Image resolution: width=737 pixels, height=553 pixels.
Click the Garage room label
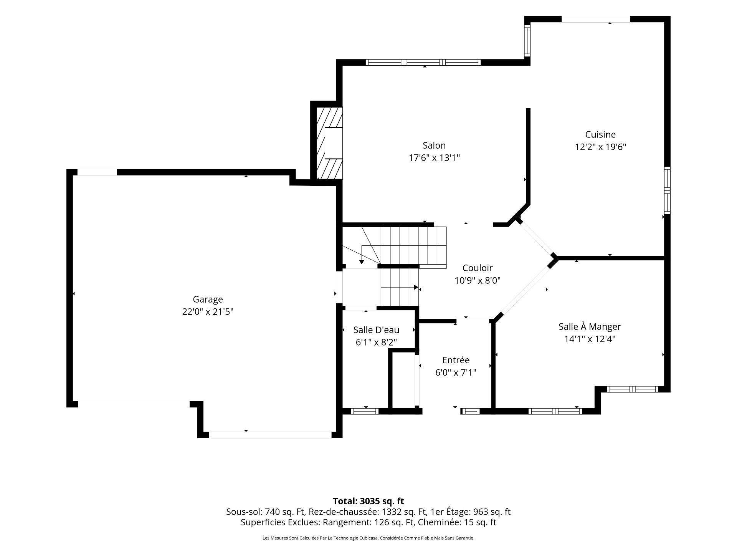(208, 300)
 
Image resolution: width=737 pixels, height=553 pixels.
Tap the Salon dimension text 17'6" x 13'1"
(434, 158)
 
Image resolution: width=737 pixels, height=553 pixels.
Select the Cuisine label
(600, 134)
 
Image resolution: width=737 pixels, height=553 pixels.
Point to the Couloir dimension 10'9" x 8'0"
(478, 281)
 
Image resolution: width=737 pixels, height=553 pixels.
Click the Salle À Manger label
(590, 326)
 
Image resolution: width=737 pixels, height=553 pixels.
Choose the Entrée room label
(456, 360)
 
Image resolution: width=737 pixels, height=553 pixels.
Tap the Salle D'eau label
(376, 330)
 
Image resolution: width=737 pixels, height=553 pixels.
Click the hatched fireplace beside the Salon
(329, 143)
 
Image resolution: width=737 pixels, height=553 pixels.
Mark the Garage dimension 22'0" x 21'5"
(208, 311)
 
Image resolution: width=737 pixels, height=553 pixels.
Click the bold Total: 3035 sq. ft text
(368, 501)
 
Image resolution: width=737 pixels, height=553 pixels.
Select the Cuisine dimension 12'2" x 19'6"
(600, 147)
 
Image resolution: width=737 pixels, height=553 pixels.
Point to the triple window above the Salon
(423, 62)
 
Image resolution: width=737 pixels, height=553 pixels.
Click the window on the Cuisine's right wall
(668, 190)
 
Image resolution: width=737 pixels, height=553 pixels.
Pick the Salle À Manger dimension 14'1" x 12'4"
(590, 339)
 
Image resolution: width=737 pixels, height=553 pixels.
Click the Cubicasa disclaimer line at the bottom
(368, 538)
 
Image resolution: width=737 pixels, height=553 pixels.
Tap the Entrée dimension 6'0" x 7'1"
(456, 373)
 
